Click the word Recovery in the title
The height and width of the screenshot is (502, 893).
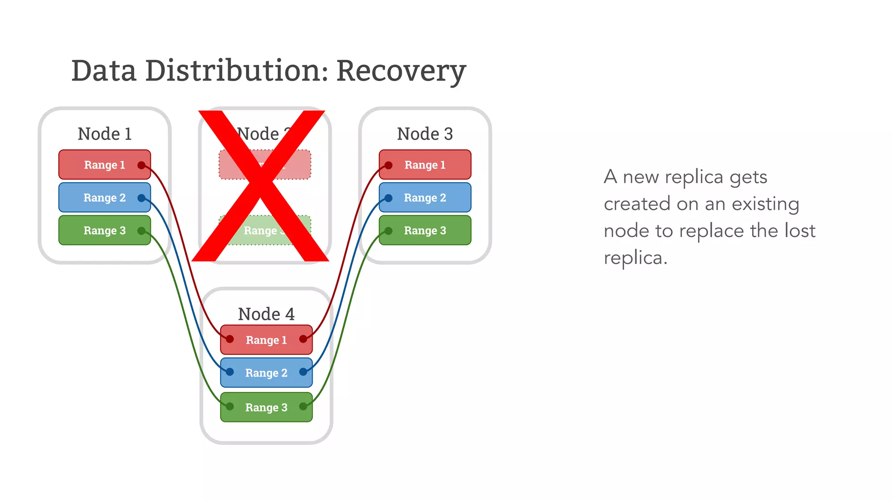coord(401,71)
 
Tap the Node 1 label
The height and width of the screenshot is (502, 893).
coord(105,134)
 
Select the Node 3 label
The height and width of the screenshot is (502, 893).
coord(425,134)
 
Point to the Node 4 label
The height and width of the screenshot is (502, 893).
coord(266,314)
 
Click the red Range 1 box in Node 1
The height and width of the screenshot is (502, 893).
coord(105,165)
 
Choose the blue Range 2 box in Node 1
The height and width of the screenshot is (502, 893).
coord(105,197)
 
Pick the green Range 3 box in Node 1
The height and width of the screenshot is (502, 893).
coord(105,230)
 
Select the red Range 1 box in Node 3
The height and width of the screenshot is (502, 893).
coord(425,165)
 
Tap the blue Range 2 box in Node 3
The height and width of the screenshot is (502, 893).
coord(425,197)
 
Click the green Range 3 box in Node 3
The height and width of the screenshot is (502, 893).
coord(425,230)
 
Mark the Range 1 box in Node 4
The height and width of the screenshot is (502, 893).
coord(266,339)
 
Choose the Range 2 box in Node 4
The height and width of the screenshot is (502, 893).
coord(266,373)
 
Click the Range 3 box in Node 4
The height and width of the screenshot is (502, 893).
coord(266,407)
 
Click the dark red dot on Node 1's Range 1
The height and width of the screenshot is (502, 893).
coord(141,165)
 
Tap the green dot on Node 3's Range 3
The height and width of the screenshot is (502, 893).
coord(389,231)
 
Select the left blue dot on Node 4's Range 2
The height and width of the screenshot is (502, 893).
coord(230,372)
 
